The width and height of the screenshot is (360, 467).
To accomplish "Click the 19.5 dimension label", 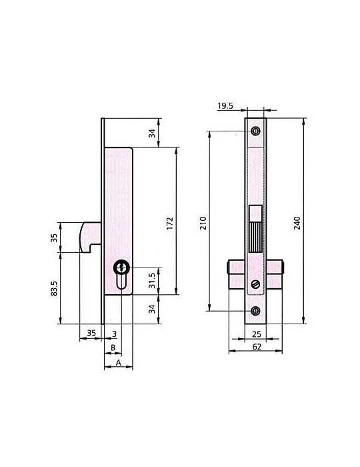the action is (225, 105).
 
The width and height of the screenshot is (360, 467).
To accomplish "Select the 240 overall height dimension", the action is (297, 223).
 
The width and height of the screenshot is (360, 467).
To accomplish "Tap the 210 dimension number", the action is (203, 223).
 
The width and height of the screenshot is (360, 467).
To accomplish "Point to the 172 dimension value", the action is (169, 223).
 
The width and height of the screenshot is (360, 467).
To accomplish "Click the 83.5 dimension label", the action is (54, 288).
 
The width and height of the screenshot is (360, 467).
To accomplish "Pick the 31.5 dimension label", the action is (152, 280).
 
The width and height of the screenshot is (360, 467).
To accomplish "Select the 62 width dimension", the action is (257, 347).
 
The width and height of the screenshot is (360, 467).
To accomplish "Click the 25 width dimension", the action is (257, 334).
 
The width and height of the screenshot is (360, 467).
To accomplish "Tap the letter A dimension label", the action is (119, 363).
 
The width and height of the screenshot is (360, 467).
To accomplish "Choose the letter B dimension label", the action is (113, 348).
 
